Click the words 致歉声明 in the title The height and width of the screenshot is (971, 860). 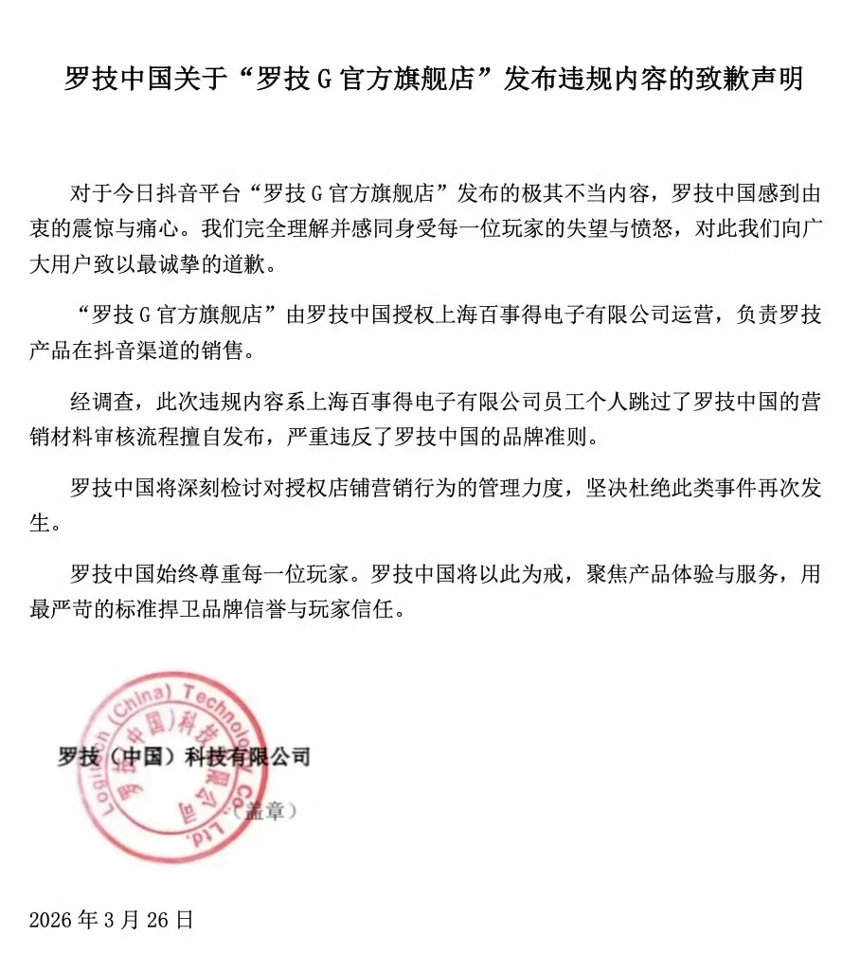click(748, 80)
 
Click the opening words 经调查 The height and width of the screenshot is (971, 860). click(98, 402)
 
